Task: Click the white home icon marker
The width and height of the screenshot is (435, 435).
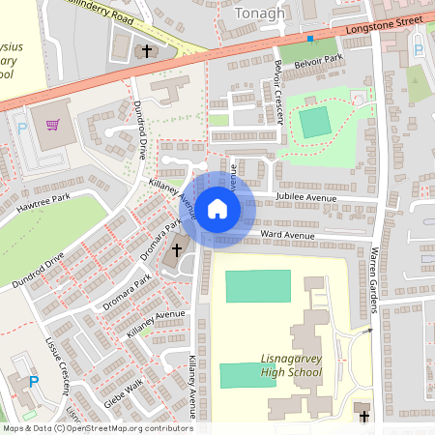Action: [217, 208]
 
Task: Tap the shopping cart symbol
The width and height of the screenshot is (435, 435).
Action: [52, 124]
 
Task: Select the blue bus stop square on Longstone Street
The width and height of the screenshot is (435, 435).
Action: [310, 39]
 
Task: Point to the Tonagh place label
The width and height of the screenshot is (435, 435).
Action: [261, 13]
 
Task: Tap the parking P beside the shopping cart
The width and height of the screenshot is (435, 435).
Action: [22, 128]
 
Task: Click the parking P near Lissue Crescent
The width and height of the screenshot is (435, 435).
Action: [35, 383]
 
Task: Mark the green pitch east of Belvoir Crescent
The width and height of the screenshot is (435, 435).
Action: [313, 123]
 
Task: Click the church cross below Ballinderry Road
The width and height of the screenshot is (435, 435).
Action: [147, 50]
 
